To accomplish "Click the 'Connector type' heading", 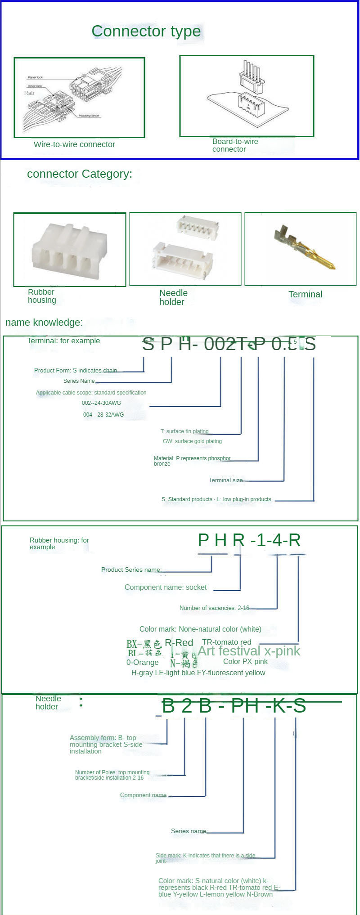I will [x=146, y=31].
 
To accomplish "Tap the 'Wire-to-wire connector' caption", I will [x=74, y=144].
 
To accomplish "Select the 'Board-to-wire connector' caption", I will [x=235, y=145].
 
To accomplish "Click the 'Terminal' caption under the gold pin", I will [x=305, y=294].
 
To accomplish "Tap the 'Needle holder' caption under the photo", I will [x=173, y=297].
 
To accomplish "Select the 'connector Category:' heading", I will [x=80, y=174].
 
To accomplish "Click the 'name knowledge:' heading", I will [x=44, y=322].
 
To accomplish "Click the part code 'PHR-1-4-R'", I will [x=249, y=540].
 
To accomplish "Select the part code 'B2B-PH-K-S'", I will [x=234, y=706].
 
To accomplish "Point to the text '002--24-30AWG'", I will [x=101, y=403].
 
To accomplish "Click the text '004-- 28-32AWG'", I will [x=103, y=414].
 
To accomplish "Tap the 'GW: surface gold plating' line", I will [x=192, y=441].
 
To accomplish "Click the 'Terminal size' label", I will [x=225, y=480].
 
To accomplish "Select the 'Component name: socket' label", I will [x=166, y=587].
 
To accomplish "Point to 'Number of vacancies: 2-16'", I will [x=214, y=608].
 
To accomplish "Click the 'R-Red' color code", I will [x=179, y=642].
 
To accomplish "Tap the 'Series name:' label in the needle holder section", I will [x=189, y=831].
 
